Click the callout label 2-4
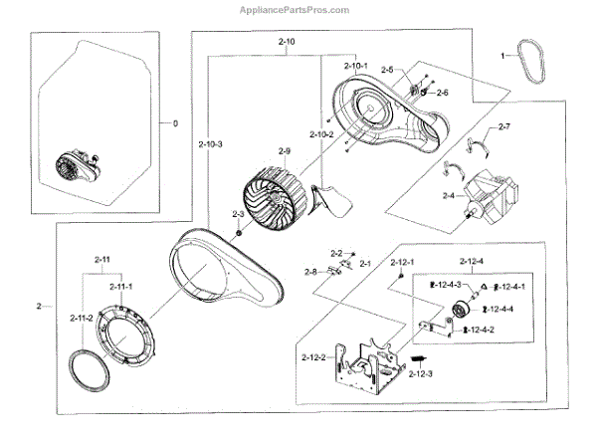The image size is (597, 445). coord(448,195)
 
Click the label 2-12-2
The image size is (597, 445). coord(312,356)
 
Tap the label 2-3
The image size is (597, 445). coord(239,214)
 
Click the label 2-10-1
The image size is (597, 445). coord(356,66)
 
